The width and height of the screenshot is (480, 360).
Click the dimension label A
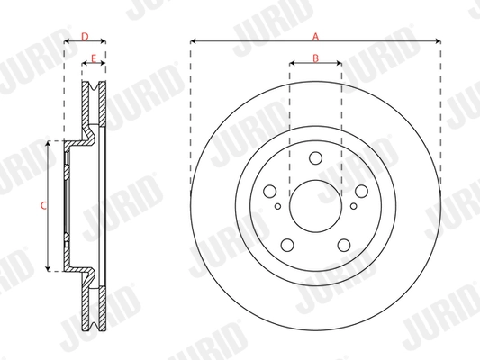coord(315,36)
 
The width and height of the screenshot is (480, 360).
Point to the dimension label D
coord(85,36)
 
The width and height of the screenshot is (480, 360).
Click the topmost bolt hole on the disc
coord(315,159)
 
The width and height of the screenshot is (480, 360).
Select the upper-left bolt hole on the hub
coord(270,191)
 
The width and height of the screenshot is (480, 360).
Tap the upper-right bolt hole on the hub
coord(359,191)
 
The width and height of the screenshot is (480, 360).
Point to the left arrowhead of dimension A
coord(194,41)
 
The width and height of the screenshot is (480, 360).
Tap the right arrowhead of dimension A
coord(438,41)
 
